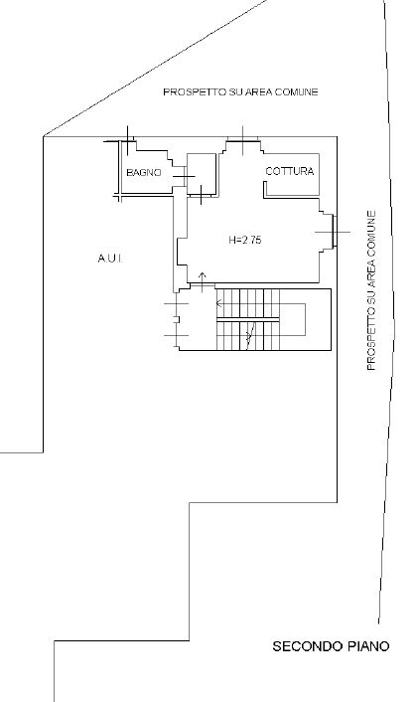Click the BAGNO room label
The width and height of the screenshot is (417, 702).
pos(144,172)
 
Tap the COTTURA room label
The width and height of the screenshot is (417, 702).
pos(290,171)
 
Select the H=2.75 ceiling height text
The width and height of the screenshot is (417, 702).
pos(245,240)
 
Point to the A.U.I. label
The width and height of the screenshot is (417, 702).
pos(110,259)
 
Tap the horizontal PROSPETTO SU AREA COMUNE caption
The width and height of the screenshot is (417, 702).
pos(240,91)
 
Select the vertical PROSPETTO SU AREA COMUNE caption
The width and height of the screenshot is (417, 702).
pos(371,290)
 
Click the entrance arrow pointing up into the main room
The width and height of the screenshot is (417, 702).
pos(202,282)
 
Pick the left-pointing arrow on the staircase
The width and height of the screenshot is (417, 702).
pos(219,303)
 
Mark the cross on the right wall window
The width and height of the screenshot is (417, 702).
pos(333,232)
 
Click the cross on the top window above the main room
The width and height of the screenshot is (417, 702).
pos(242,140)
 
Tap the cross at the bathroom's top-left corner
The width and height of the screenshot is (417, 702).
pos(128,141)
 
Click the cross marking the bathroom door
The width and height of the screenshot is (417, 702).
pos(184,176)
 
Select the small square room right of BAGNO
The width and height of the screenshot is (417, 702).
pos(202,174)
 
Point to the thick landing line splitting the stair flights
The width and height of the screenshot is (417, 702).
pos(247,319)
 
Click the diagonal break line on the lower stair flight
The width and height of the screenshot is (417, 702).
pos(250,333)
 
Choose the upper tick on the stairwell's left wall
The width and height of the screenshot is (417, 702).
pos(177,304)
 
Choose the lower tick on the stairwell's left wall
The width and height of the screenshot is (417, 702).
pos(177,335)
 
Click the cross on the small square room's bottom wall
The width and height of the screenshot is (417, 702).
pos(202,195)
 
